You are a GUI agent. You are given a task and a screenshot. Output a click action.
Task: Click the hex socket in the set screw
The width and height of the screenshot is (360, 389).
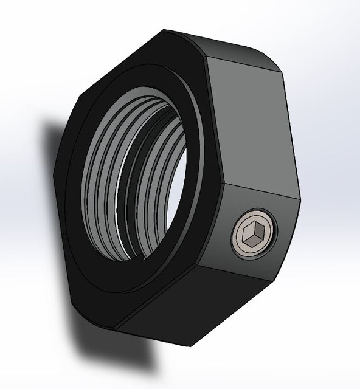tap(253, 233)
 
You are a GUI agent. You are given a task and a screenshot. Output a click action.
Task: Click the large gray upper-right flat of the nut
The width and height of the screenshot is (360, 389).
tap(249, 122)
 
